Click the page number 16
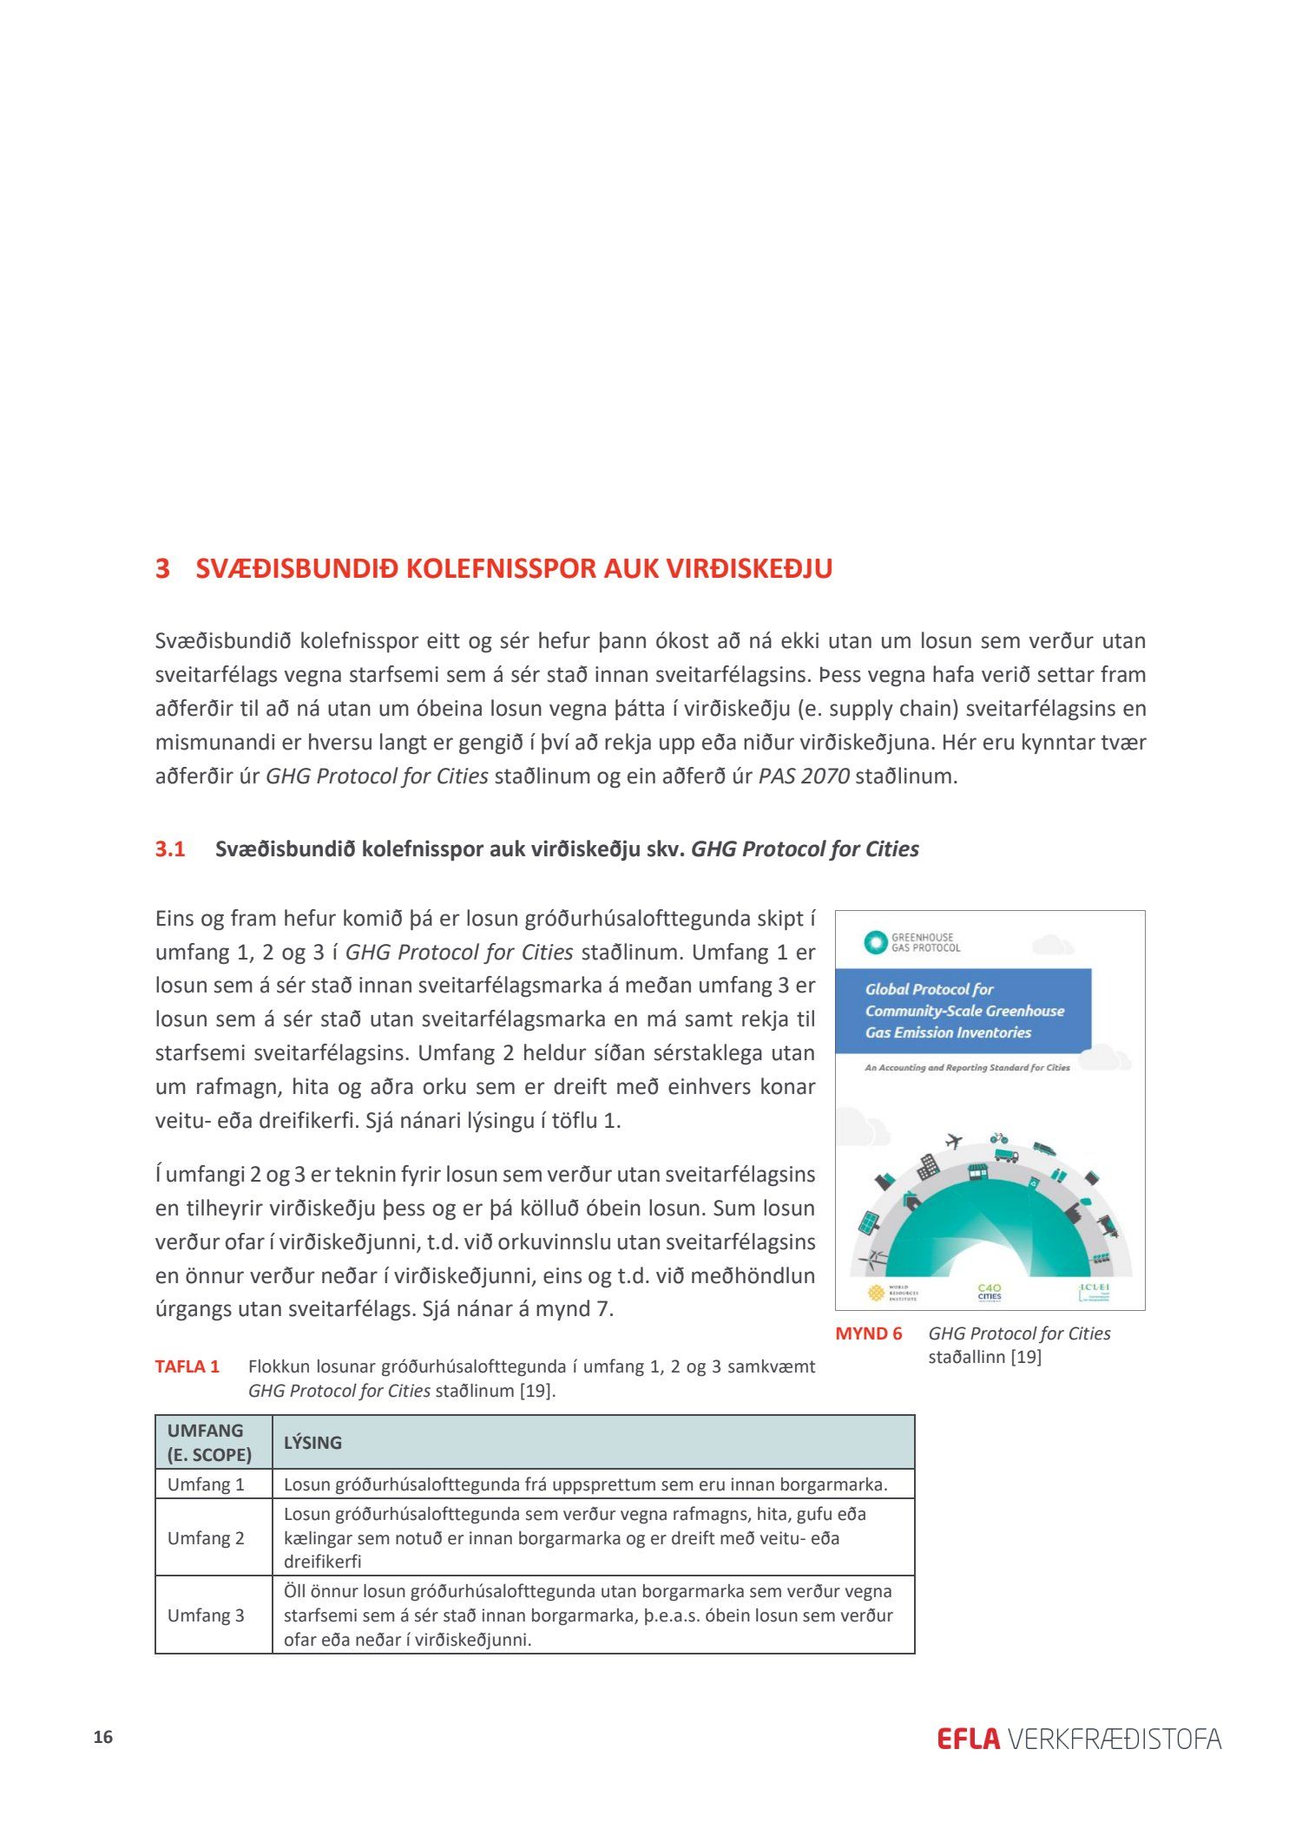103,1737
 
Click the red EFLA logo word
968,1739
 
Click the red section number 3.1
170,848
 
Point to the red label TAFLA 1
187,1366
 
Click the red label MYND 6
868,1333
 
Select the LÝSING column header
312,1443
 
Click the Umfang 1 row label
206,1484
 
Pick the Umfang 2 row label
206,1538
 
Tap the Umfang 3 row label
206,1615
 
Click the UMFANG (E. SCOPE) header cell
209,1442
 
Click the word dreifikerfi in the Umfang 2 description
322,1562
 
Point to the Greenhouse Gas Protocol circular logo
875,942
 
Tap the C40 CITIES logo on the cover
990,1293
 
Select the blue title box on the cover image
963,1011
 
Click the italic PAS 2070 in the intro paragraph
804,776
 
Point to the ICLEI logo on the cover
1095,1292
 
